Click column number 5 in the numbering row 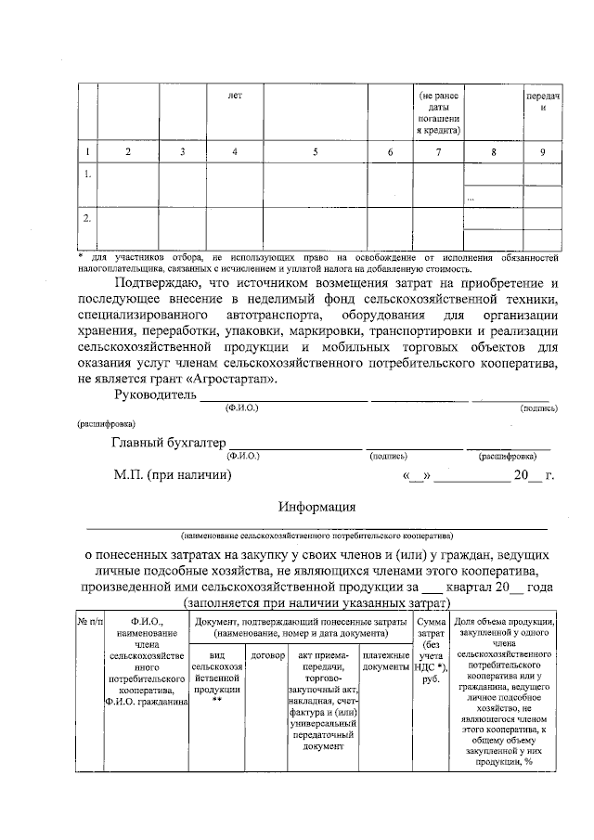(315, 151)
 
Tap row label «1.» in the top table (87, 174)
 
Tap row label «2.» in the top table (87, 219)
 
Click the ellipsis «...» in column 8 (471, 198)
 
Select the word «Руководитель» (155, 396)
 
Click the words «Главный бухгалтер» (168, 442)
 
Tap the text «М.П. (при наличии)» (173, 476)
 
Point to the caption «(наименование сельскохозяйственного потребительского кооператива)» (316, 536)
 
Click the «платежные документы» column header (385, 661)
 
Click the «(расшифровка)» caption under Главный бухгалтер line (506, 456)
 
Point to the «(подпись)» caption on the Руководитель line (539, 407)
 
